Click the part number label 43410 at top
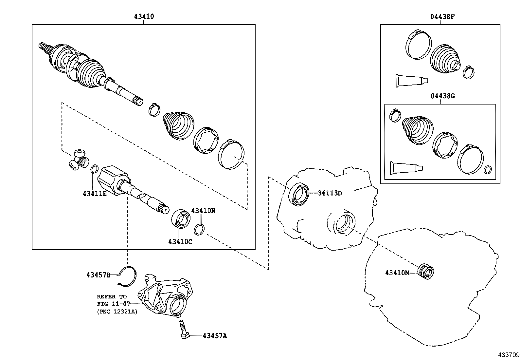pos(144,16)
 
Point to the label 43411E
pos(95,194)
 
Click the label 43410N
pos(203,211)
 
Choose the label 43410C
pos(180,242)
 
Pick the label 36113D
pos(330,193)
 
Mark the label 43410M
pos(397,273)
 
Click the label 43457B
pos(98,275)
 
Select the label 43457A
pos(215,335)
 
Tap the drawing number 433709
pos(509,355)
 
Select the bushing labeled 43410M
pos(426,271)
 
